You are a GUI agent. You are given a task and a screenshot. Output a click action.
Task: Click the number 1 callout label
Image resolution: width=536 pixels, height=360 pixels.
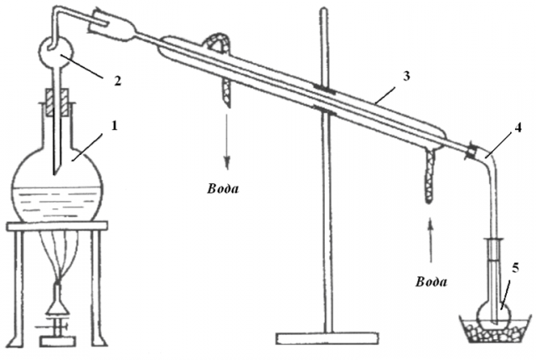pyautogui.click(x=115, y=126)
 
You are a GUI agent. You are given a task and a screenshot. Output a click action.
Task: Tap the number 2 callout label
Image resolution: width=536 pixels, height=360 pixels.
pyautogui.click(x=117, y=81)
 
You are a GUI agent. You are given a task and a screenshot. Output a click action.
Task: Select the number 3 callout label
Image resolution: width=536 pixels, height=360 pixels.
pyautogui.click(x=405, y=76)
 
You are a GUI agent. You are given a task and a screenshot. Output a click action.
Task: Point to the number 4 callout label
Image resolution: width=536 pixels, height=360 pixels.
pyautogui.click(x=518, y=128)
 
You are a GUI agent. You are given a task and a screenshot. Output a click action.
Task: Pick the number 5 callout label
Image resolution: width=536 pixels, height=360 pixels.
pyautogui.click(x=515, y=268)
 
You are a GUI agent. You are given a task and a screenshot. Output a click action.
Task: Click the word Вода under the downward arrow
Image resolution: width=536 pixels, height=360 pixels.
pyautogui.click(x=223, y=189)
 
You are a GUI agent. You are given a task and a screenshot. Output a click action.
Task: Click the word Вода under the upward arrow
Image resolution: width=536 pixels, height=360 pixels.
pyautogui.click(x=431, y=282)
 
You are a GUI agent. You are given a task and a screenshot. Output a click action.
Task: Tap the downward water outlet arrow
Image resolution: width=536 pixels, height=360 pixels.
pyautogui.click(x=227, y=141)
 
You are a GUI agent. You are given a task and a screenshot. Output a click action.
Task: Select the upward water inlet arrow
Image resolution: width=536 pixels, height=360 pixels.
pyautogui.click(x=430, y=241)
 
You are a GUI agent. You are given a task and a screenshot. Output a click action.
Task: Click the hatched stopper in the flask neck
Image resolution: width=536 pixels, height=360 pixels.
pyautogui.click(x=57, y=102)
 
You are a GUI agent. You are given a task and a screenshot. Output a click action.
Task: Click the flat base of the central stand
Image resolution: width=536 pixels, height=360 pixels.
pyautogui.click(x=327, y=338)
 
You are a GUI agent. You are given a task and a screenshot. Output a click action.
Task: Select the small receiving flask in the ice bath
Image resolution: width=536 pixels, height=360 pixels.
pyautogui.click(x=494, y=312)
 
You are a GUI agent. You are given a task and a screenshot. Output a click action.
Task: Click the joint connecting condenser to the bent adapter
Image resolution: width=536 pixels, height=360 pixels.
pyautogui.click(x=472, y=152)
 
